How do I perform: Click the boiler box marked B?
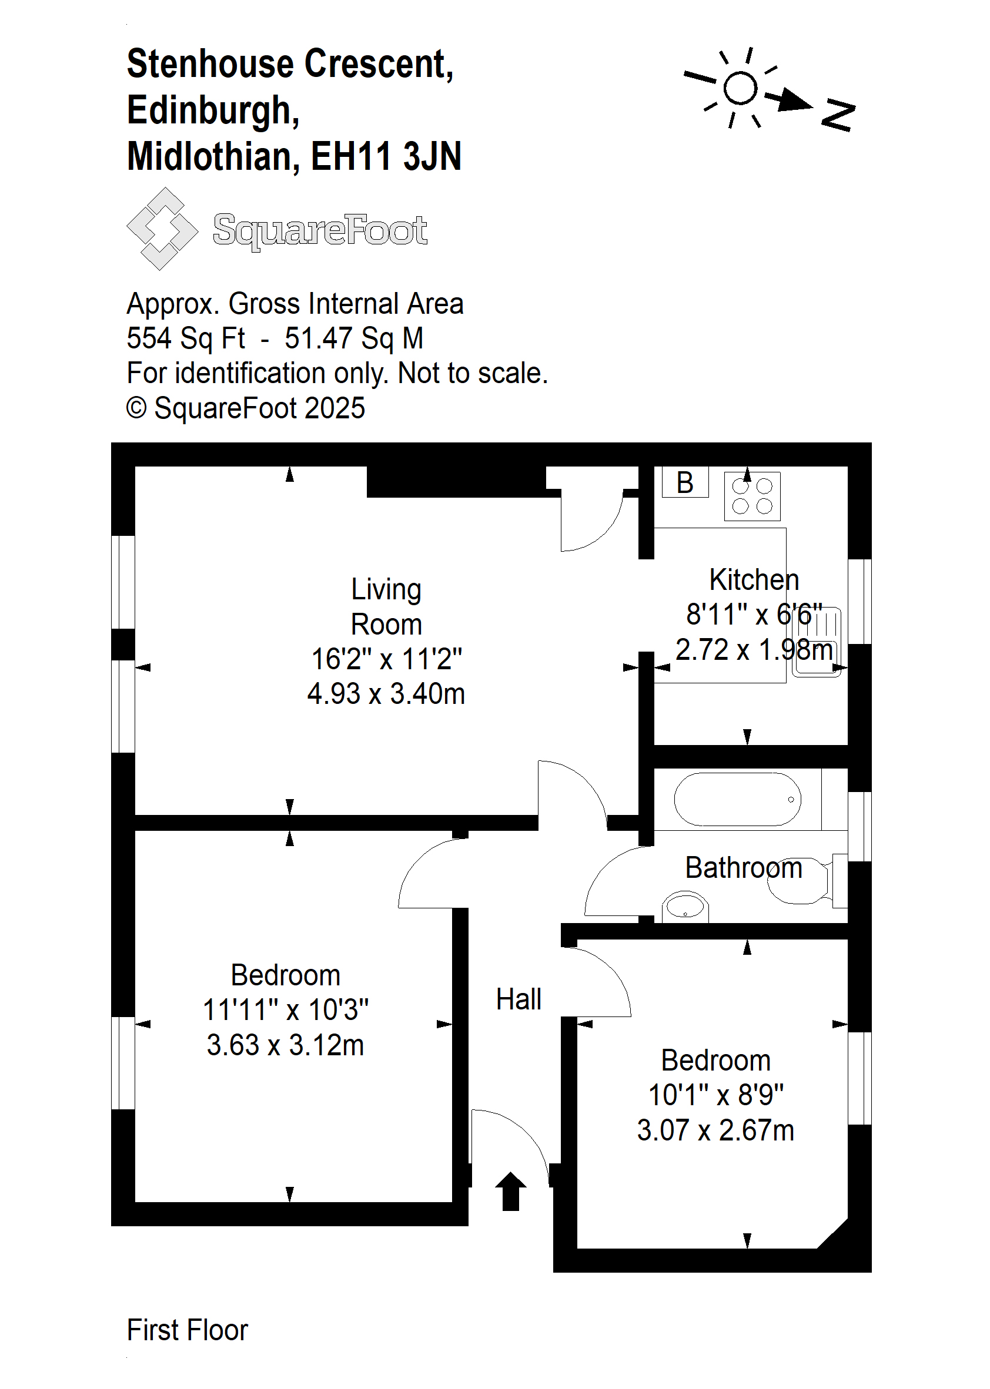(x=685, y=482)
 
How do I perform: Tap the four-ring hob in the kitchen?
(x=752, y=496)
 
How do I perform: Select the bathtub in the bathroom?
(x=738, y=799)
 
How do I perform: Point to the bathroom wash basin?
(x=685, y=906)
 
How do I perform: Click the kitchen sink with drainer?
(x=817, y=642)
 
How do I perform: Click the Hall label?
(x=518, y=999)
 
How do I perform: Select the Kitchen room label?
(x=754, y=579)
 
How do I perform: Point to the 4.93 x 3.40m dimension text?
(x=386, y=693)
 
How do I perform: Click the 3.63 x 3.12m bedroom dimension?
(x=285, y=1045)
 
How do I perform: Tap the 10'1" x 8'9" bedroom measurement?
(x=715, y=1095)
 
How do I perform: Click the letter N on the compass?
(x=838, y=115)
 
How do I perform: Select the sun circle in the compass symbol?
(x=741, y=88)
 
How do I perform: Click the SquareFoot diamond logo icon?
(x=162, y=229)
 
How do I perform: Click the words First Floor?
(x=187, y=1330)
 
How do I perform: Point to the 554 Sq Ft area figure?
(x=185, y=338)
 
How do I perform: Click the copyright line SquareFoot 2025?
(x=246, y=408)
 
